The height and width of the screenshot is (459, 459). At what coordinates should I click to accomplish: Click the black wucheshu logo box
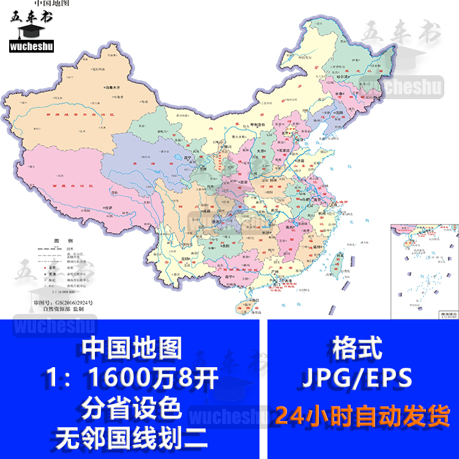pos(31,44)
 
